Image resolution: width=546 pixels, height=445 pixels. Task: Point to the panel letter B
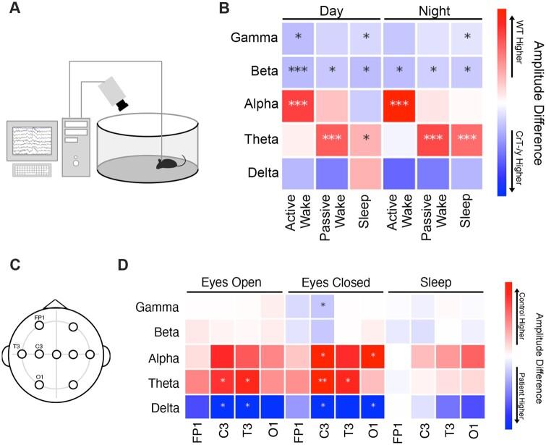225,9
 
